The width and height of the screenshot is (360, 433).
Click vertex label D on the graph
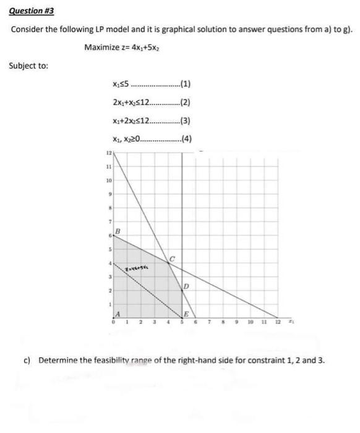point(186,286)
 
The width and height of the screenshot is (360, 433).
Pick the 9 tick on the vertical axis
point(106,194)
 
